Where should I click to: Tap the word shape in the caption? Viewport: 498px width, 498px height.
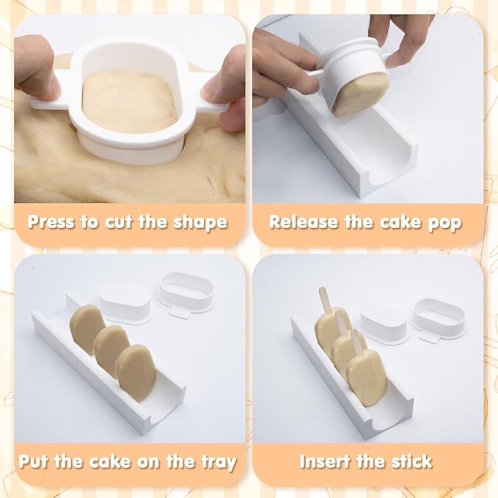click(x=198, y=222)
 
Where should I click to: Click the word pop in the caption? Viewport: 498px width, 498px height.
click(x=443, y=222)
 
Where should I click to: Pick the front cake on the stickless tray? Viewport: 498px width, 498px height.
click(x=136, y=367)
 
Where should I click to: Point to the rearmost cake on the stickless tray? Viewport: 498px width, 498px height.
click(x=87, y=326)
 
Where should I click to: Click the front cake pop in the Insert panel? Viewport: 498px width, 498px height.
click(x=367, y=370)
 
